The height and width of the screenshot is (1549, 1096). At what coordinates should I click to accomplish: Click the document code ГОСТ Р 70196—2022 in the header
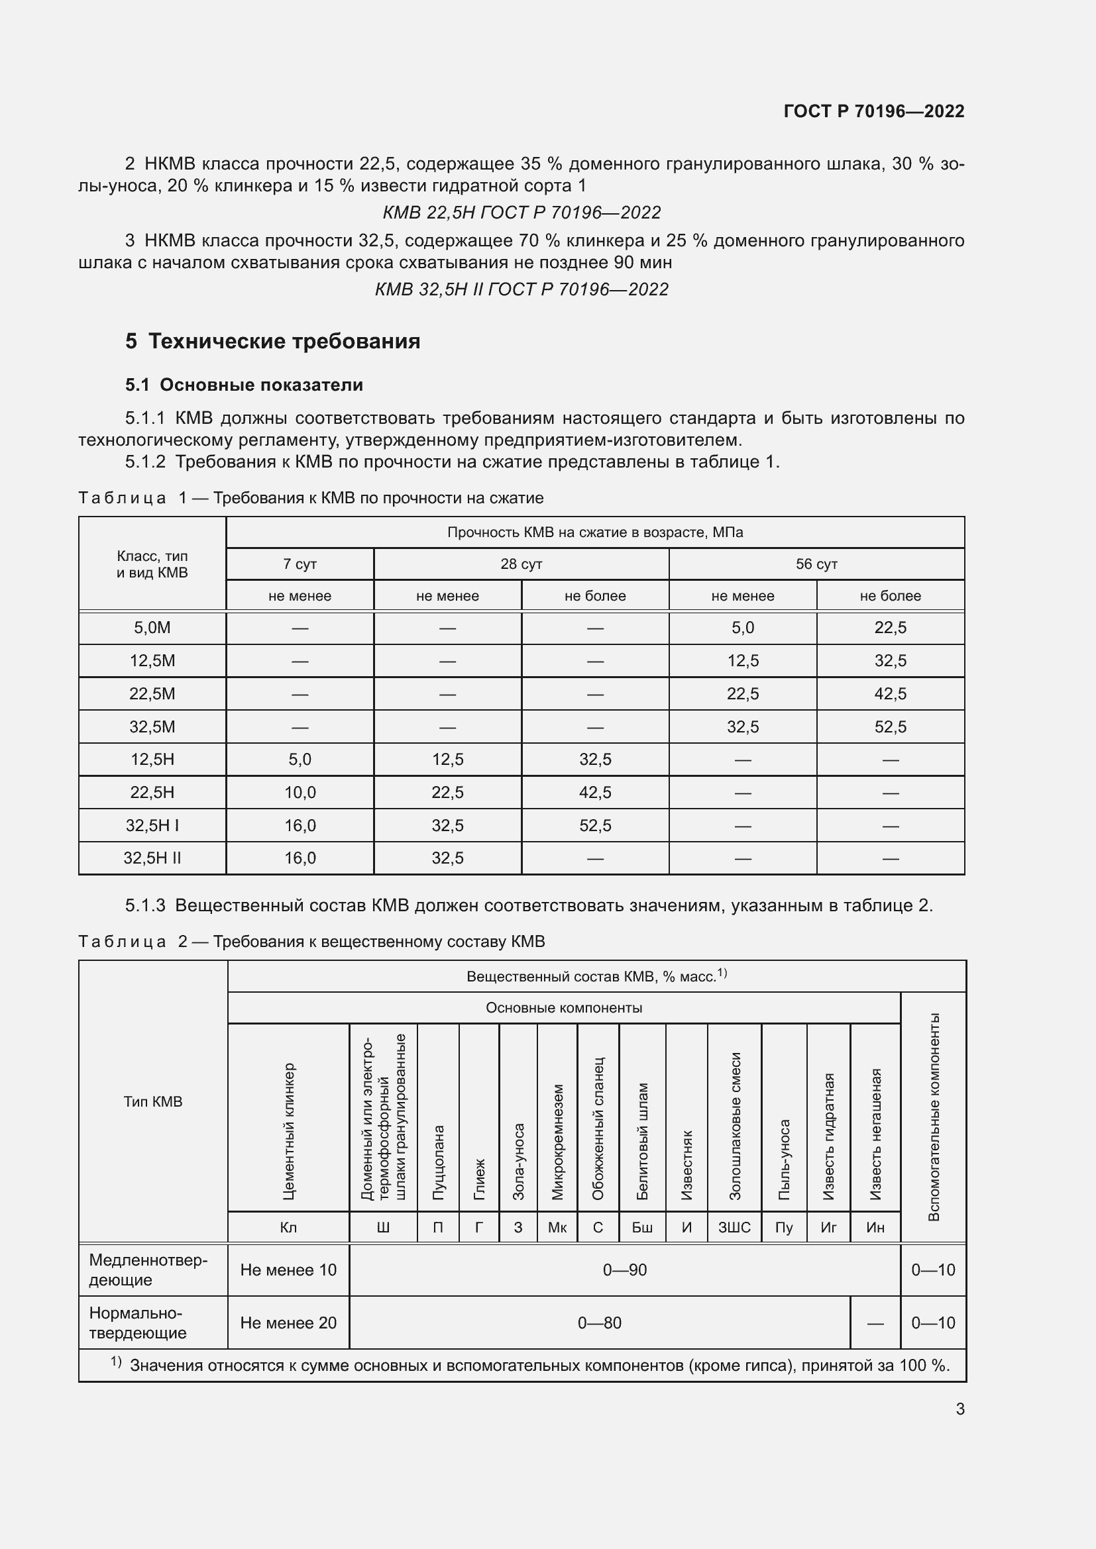coord(873,111)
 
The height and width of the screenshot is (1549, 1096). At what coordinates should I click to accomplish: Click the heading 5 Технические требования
coord(272,341)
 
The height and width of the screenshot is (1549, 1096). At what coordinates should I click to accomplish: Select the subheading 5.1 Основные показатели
coord(244,385)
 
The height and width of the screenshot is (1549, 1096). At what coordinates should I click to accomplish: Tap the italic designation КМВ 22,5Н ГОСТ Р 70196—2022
coord(521,213)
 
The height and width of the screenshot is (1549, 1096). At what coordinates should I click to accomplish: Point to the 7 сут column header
coord(300,564)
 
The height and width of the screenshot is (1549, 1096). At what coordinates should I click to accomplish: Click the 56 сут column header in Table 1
coord(816,564)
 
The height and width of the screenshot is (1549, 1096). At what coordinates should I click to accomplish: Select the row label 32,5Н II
coord(152,858)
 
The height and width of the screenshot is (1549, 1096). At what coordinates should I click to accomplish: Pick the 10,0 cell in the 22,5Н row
coord(300,792)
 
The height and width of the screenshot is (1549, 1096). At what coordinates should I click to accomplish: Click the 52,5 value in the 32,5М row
coord(889,726)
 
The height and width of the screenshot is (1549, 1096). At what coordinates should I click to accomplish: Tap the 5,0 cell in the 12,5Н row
coord(300,760)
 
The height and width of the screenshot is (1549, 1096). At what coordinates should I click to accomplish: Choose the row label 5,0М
coord(152,627)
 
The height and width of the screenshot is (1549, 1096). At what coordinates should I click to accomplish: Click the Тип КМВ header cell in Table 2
coord(152,1101)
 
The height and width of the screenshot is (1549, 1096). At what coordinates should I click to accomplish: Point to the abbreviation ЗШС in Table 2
coord(734,1227)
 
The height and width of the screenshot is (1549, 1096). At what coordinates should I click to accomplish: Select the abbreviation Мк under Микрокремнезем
coord(557,1227)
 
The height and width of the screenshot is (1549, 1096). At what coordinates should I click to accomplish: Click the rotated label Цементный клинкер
coord(288,1131)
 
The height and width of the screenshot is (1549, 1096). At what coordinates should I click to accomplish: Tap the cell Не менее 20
coord(288,1323)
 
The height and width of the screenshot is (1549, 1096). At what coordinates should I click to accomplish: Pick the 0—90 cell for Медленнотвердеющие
coord(624,1270)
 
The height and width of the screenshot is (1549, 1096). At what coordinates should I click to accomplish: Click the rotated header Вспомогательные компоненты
coord(934,1117)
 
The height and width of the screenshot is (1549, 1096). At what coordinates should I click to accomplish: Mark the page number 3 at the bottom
coord(959,1409)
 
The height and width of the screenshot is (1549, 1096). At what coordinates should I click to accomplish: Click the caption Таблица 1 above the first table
coord(122,498)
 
